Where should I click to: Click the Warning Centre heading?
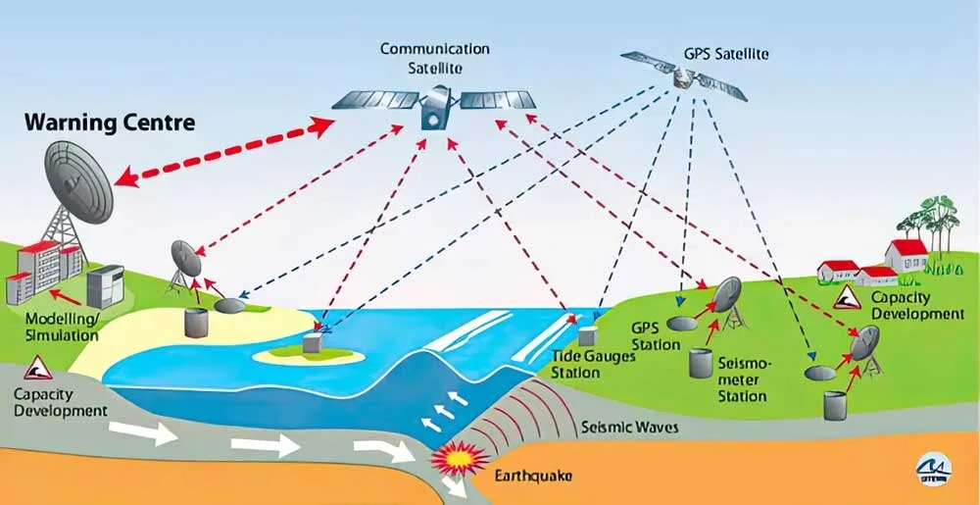tap(110, 124)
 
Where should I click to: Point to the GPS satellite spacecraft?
tap(683, 76)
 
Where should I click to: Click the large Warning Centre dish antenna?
tap(79, 181)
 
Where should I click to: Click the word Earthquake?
tap(533, 477)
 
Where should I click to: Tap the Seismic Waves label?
tap(629, 428)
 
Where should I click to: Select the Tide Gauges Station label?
tap(593, 364)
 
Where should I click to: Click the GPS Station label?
tap(656, 336)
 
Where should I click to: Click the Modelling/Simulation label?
tap(62, 328)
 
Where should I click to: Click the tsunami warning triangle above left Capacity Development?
tap(37, 369)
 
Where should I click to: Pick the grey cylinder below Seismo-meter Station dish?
tap(700, 361)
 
